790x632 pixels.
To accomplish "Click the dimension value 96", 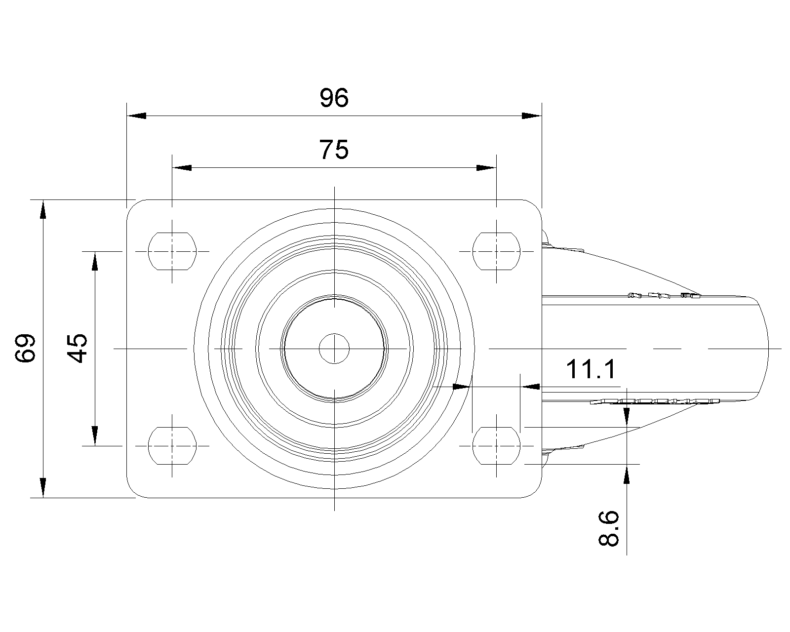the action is tap(334, 98).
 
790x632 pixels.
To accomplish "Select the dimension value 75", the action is tap(334, 150).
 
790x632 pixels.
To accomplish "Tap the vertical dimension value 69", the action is tap(25, 348).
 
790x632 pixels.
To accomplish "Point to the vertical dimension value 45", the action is tap(77, 348).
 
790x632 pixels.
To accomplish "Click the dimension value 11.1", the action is tap(591, 369).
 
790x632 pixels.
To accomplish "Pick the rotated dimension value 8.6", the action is tap(609, 528).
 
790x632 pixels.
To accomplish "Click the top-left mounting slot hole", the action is tap(172, 251).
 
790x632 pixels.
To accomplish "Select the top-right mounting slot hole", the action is tap(496, 251).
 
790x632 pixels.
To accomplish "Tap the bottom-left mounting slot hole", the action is tap(172, 446).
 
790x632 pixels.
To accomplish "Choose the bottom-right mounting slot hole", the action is tap(496, 446).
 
